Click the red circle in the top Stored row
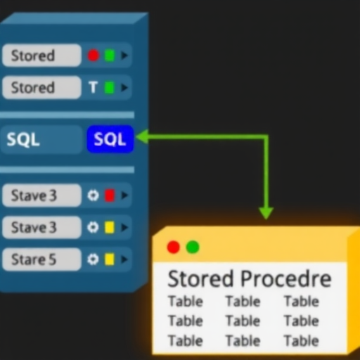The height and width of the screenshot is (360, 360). point(94,56)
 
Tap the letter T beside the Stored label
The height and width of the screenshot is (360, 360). point(93,87)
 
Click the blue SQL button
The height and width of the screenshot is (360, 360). point(110,139)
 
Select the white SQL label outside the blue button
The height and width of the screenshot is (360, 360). point(23,139)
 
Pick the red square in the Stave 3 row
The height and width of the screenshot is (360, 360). point(110,195)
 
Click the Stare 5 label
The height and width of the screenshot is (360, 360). point(34,259)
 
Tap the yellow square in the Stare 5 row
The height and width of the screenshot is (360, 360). point(110,259)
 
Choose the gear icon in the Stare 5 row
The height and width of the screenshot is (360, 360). point(93,259)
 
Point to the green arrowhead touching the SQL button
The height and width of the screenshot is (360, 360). point(142,136)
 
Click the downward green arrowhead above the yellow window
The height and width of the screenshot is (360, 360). point(266,213)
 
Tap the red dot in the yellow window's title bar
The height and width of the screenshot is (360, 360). point(174,247)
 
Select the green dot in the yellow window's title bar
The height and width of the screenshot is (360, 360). point(193,247)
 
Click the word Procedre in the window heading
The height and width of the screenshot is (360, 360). point(286,278)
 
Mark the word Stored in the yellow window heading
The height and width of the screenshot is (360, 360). point(200,278)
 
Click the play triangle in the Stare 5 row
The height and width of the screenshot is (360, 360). point(124,259)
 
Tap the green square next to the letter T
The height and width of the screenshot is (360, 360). point(110,87)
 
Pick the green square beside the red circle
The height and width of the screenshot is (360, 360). point(110,56)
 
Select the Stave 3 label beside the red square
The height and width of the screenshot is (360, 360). point(34,195)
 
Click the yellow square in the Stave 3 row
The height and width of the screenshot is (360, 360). point(110,227)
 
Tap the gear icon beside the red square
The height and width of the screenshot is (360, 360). point(93,195)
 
